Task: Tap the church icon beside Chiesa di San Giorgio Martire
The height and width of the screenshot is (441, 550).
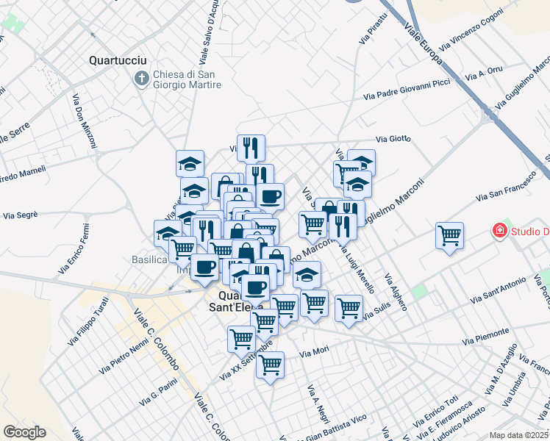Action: click(141, 77)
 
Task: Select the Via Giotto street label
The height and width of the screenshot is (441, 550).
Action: click(393, 138)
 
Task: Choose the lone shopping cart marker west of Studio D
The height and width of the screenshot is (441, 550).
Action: click(449, 236)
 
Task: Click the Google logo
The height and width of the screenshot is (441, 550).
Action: click(24, 432)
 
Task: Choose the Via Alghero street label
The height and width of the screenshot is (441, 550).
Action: click(396, 292)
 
